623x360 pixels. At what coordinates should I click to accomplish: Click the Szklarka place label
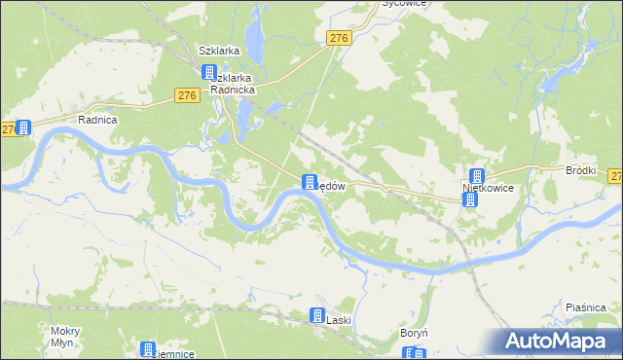(219, 51)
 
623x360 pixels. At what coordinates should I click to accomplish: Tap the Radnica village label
(97, 120)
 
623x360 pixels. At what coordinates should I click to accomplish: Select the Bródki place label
(580, 169)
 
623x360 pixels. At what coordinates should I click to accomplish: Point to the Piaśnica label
(587, 307)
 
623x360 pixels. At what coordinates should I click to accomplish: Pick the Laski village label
(338, 320)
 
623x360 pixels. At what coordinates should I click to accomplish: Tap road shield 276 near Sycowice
(338, 37)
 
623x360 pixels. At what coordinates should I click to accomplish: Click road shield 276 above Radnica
(188, 95)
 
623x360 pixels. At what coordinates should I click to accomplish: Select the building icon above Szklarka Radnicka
(209, 72)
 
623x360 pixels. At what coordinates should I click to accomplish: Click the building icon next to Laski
(316, 315)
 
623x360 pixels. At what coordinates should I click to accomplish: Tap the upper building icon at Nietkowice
(476, 177)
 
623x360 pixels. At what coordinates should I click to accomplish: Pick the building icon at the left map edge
(23, 127)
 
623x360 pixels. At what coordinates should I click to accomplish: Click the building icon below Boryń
(420, 353)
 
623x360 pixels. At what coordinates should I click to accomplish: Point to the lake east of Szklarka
(254, 39)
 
